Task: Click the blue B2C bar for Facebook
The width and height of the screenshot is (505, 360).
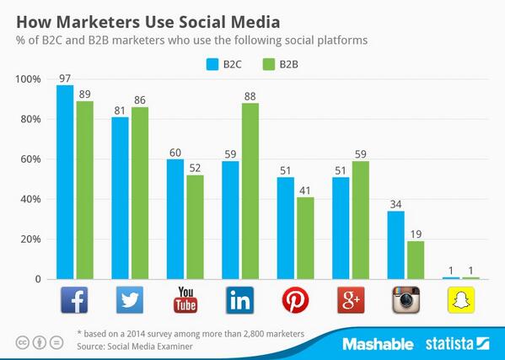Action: click(65, 182)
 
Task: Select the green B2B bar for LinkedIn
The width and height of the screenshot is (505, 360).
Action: click(250, 191)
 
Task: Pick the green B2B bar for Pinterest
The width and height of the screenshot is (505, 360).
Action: click(305, 238)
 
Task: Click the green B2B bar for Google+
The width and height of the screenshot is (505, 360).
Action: click(361, 220)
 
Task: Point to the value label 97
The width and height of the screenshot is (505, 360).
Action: click(65, 78)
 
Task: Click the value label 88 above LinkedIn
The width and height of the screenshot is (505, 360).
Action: click(250, 95)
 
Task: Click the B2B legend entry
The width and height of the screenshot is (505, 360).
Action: click(278, 62)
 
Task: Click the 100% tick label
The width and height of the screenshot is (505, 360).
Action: click(28, 79)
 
